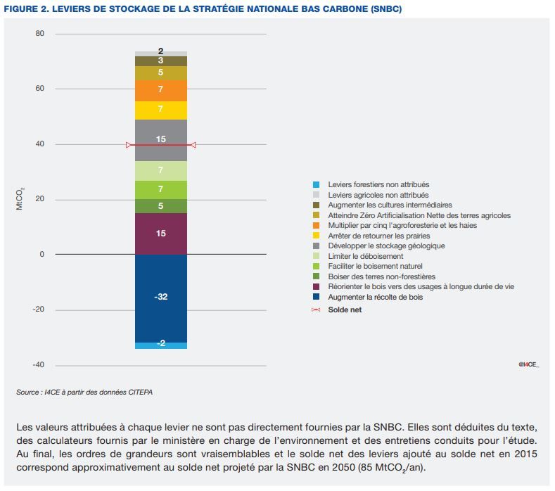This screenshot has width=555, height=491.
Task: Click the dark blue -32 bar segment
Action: click(161, 298)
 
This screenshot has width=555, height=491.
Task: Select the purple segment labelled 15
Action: click(161, 233)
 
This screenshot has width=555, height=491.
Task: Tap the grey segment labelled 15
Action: click(161, 139)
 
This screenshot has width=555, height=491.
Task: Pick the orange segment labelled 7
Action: click(161, 90)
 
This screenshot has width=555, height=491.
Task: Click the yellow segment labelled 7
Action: click(161, 110)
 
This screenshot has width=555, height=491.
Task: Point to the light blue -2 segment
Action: click(161, 345)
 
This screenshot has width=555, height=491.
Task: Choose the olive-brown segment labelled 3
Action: click(161, 61)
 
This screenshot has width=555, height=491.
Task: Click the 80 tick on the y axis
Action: click(39, 34)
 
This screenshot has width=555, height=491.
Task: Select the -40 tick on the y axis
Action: click(37, 365)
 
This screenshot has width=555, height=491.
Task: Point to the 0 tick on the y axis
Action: click(42, 254)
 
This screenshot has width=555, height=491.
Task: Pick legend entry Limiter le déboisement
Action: click(365, 257)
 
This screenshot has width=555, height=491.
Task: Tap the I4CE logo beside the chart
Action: click(528, 364)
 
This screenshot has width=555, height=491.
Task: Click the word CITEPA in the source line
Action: click(136, 392)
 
